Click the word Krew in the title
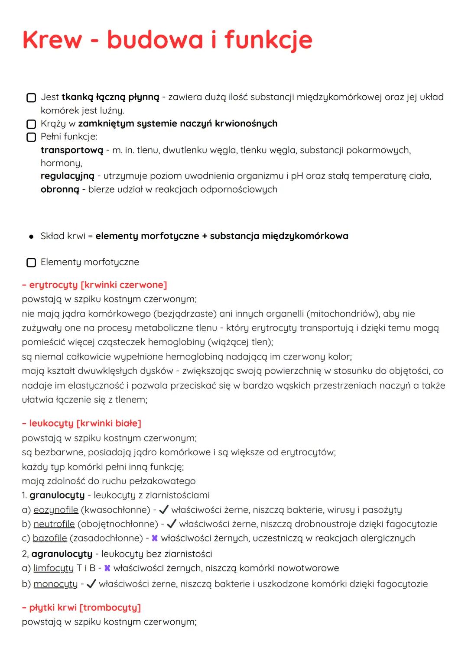(x=52, y=40)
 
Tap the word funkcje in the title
(x=268, y=40)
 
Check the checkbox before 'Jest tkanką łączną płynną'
(x=31, y=97)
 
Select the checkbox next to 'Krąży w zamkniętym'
(x=31, y=124)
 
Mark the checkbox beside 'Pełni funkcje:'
(x=31, y=137)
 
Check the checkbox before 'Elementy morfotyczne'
(x=31, y=262)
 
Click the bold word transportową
(x=72, y=150)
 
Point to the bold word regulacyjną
(x=67, y=176)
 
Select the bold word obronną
(x=60, y=190)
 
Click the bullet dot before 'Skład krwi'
(x=31, y=237)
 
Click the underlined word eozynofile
(x=56, y=510)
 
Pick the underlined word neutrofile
(x=54, y=524)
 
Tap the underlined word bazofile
(x=50, y=538)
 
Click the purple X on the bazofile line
(x=154, y=538)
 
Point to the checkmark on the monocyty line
(x=91, y=584)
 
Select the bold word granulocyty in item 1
(x=57, y=495)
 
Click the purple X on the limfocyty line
(x=107, y=568)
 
